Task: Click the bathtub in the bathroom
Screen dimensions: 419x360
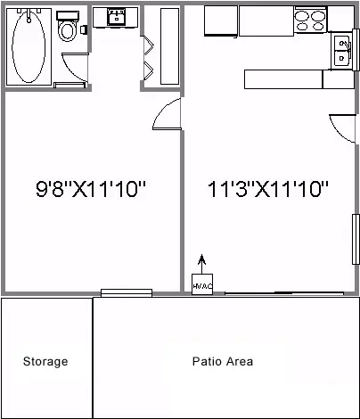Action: click(x=29, y=46)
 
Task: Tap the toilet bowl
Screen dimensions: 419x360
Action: click(x=67, y=30)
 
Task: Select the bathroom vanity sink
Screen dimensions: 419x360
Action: click(x=116, y=17)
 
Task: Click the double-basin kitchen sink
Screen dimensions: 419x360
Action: click(x=341, y=51)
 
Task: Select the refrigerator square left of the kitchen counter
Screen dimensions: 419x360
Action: click(x=220, y=20)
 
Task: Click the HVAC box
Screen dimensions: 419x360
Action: click(x=202, y=285)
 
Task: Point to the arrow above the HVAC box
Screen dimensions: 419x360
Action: click(x=201, y=263)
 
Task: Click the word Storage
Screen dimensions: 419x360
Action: click(x=45, y=362)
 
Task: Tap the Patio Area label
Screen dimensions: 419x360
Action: click(x=223, y=362)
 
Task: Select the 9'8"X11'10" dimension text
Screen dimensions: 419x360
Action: click(x=90, y=189)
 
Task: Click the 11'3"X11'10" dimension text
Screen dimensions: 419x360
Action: click(x=268, y=189)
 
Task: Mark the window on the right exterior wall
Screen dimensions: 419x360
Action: click(x=355, y=238)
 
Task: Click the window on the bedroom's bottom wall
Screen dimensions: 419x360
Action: click(x=126, y=292)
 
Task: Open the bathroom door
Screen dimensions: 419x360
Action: click(x=73, y=68)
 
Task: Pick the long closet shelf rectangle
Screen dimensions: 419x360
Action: click(x=169, y=46)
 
